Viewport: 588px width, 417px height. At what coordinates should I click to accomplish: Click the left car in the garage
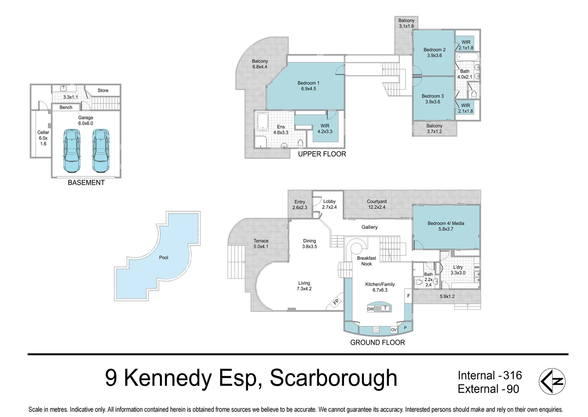point(72,151)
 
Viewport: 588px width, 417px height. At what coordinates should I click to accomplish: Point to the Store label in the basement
point(103,90)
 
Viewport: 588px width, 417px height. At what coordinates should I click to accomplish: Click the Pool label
point(163,258)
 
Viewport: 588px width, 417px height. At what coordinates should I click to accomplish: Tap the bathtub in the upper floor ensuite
point(263,121)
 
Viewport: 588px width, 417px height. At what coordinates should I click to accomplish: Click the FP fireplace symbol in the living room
point(336,302)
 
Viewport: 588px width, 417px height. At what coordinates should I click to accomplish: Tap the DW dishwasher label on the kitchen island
point(371,309)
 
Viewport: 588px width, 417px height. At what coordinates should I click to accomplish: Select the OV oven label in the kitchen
point(394,330)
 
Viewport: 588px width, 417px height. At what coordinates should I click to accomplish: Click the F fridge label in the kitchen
point(408,296)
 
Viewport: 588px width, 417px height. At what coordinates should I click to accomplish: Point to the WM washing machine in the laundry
point(477,267)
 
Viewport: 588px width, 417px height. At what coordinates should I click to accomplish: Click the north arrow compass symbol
point(552,381)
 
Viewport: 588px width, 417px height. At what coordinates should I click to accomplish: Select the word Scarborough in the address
point(334,378)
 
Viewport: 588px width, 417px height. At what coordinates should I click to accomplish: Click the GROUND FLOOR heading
point(377,342)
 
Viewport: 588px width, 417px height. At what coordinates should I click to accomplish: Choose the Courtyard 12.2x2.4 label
point(377,204)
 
